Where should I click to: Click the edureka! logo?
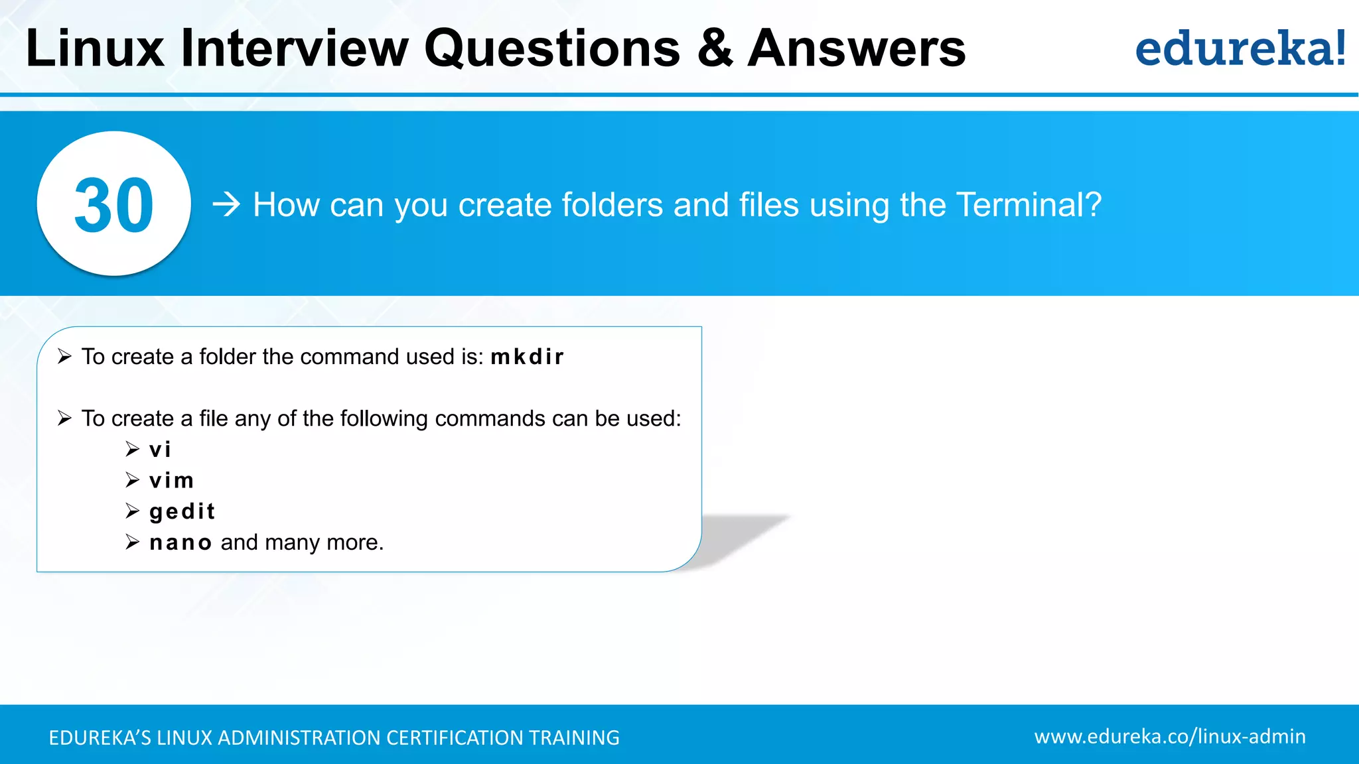[1240, 48]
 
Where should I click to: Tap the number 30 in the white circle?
[113, 206]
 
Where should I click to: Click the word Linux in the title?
[94, 48]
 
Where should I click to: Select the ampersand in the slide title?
[715, 48]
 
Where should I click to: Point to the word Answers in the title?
[856, 48]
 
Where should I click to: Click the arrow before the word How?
[226, 204]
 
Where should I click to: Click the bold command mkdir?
[527, 357]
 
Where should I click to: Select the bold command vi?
[160, 450]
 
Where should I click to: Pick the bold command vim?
[171, 480]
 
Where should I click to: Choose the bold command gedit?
[182, 511]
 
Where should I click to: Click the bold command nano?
[180, 542]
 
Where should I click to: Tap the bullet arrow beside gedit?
[132, 511]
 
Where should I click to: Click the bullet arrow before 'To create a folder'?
[64, 357]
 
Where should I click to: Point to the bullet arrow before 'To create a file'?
[64, 418]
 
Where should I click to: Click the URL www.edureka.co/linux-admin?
[1169, 736]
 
